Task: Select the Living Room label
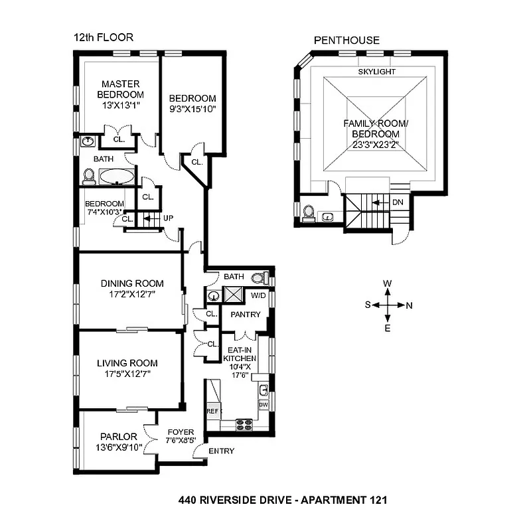coord(127,362)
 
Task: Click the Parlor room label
coord(119,436)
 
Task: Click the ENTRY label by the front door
coord(221,451)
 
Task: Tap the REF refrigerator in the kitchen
coord(212,412)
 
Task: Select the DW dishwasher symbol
coord(263,404)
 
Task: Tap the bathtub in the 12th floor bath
coord(117,177)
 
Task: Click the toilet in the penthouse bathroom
coord(309,212)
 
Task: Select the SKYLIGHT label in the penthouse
coord(376,71)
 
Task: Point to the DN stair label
coord(398,202)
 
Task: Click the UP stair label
coord(168,217)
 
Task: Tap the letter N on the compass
coord(409,305)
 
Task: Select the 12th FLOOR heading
coord(104,38)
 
